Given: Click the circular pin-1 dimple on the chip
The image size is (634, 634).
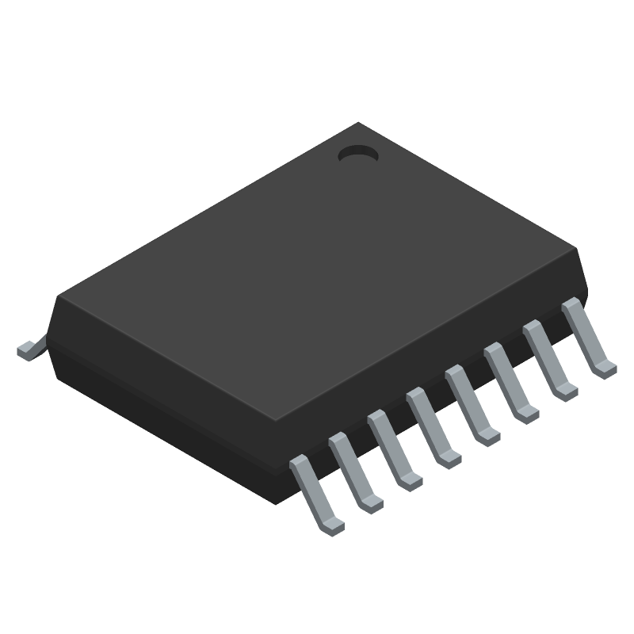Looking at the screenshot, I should point(358,155).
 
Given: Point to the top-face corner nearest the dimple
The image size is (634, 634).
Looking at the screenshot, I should point(359,124).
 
